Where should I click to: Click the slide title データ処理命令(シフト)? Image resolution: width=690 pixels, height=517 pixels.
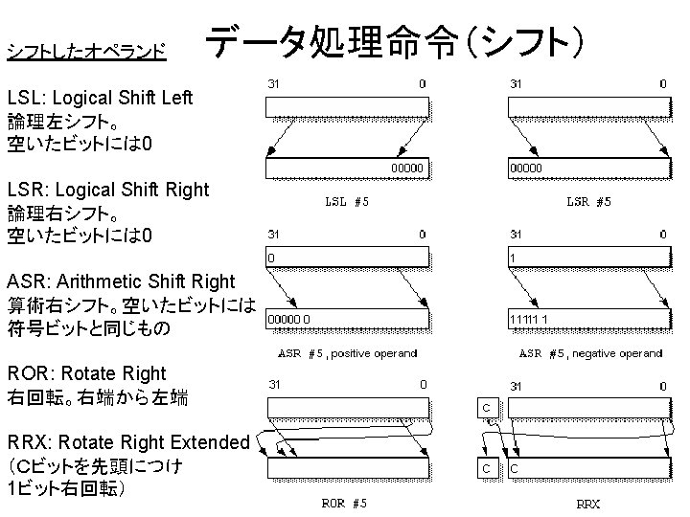393,43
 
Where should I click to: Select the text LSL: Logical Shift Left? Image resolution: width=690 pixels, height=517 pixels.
100,98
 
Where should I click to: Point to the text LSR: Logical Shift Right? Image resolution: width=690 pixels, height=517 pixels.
107,190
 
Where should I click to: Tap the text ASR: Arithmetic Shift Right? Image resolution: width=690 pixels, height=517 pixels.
120,281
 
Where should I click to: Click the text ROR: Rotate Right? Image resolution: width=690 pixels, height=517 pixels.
86,373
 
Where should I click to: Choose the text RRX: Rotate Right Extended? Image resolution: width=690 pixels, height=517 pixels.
128,442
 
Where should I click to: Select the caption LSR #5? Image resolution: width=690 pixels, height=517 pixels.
589,202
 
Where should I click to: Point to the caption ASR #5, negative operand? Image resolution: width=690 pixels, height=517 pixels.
604,353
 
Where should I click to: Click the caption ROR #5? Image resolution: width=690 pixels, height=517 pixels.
343,504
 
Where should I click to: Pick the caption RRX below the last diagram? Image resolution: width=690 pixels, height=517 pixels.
587,504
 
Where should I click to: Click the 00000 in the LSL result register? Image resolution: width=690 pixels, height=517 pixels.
405,168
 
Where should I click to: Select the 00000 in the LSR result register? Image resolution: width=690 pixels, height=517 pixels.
525,168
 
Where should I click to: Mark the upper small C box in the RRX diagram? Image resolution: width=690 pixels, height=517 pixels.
487,409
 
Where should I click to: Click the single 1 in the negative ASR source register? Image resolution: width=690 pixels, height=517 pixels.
514,258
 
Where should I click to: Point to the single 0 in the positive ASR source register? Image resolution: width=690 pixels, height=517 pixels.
272,258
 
